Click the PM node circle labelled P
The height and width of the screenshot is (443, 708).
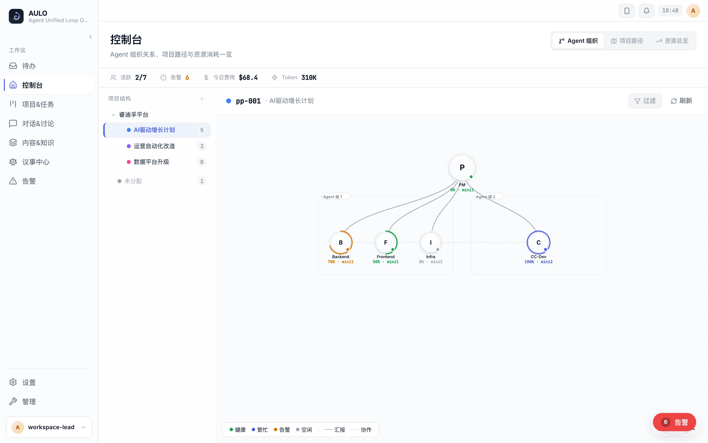point(462,168)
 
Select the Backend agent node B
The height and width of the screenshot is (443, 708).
point(340,243)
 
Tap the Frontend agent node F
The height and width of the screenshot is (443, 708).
point(386,243)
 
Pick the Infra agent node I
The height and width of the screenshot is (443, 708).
point(431,243)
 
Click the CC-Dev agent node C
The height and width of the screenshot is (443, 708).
point(538,243)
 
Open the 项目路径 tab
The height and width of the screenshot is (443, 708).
point(627,41)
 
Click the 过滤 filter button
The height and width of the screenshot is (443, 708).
point(645,101)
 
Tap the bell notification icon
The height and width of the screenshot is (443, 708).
point(646,11)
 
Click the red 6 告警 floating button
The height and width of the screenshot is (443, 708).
point(674,422)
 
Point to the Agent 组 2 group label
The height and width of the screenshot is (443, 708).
point(486,197)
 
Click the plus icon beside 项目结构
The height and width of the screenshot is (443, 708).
point(202,99)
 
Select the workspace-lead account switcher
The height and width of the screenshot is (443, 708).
point(49,427)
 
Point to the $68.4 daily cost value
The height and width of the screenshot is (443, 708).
point(248,78)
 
